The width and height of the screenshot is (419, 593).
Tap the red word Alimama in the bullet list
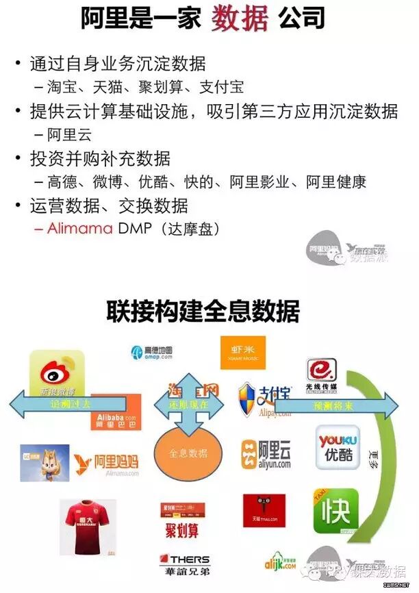pos(79,228)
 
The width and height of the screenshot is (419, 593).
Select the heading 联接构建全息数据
pos(203,312)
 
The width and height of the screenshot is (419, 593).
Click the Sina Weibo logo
pos(57,376)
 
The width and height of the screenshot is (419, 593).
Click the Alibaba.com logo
pos(115,412)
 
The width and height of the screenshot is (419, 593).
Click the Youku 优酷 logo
pos(338,447)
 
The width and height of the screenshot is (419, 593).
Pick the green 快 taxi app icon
pos(335,511)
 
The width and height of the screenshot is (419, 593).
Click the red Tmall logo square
pos(264,511)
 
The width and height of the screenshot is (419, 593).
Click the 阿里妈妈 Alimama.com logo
pos(107,464)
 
